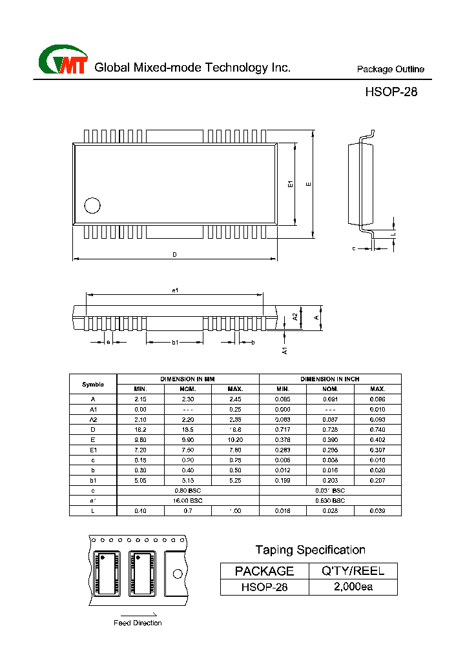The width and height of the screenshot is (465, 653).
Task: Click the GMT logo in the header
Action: click(x=63, y=61)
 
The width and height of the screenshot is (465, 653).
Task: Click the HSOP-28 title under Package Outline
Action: click(x=391, y=92)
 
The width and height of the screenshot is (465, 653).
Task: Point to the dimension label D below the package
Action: click(x=174, y=255)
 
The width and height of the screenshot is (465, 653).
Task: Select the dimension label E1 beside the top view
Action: click(x=291, y=185)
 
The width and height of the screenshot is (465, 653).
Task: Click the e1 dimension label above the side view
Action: click(x=174, y=290)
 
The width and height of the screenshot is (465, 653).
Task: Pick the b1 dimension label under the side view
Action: click(x=174, y=342)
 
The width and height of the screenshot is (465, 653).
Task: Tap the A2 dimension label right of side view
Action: click(x=295, y=317)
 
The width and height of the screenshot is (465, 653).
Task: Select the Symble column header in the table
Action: click(x=93, y=384)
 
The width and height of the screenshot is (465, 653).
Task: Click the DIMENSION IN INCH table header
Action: click(x=330, y=379)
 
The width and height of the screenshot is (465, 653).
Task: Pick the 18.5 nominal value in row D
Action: click(x=187, y=429)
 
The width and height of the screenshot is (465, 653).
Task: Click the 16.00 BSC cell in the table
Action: click(x=187, y=500)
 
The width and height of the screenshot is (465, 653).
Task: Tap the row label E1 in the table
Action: click(x=93, y=450)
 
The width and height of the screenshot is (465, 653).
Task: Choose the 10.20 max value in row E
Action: click(x=235, y=439)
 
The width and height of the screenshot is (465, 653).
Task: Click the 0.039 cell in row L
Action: click(x=377, y=510)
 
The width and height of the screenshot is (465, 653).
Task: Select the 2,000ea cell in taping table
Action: click(x=353, y=587)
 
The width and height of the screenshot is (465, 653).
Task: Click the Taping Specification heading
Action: click(x=310, y=550)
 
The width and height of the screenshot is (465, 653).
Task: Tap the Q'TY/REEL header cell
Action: click(x=353, y=570)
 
